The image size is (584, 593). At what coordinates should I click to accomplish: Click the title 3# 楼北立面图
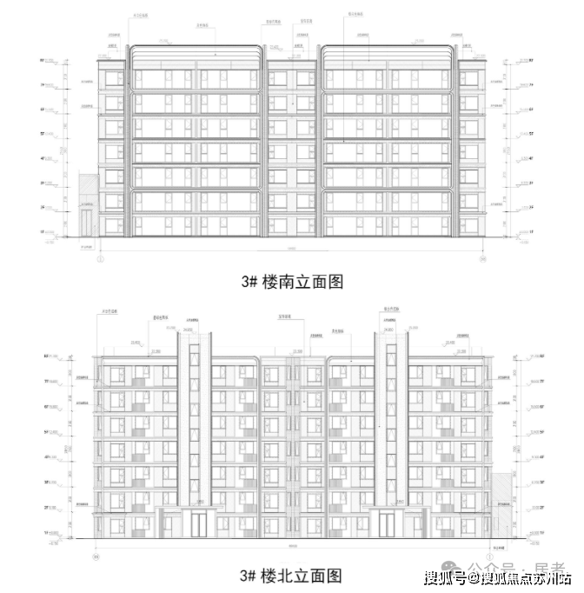click(x=292, y=575)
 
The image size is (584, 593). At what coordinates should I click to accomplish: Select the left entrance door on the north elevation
click(x=200, y=524)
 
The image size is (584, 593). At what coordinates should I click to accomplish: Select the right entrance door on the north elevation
click(x=386, y=524)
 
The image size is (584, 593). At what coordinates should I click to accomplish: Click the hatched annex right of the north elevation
click(x=501, y=505)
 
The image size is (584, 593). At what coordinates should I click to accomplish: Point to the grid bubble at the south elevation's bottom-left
click(x=101, y=257)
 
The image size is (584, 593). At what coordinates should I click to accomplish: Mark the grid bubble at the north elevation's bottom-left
click(x=97, y=549)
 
